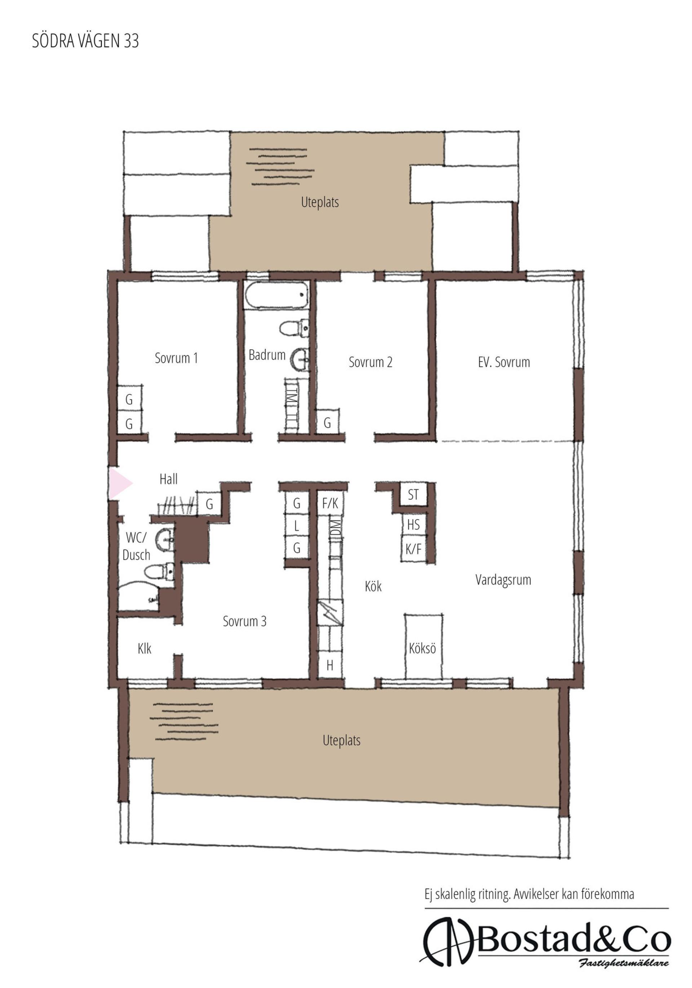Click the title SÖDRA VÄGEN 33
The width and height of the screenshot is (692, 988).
(85, 40)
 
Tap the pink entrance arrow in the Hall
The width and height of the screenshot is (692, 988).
(119, 484)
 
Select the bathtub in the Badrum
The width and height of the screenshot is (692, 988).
(277, 295)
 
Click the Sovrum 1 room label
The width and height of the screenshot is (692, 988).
(177, 358)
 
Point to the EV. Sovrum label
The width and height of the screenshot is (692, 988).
(504, 362)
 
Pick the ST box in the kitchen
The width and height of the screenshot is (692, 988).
(413, 495)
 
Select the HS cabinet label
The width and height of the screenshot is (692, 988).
(413, 524)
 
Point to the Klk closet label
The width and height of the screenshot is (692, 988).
(145, 648)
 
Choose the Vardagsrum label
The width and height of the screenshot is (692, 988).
(503, 580)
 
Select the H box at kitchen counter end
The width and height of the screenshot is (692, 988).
(330, 666)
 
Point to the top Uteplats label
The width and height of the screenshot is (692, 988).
(320, 202)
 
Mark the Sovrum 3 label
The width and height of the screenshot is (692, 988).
(244, 621)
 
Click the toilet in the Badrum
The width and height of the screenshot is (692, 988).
(294, 328)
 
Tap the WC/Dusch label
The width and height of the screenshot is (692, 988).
(137, 546)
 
